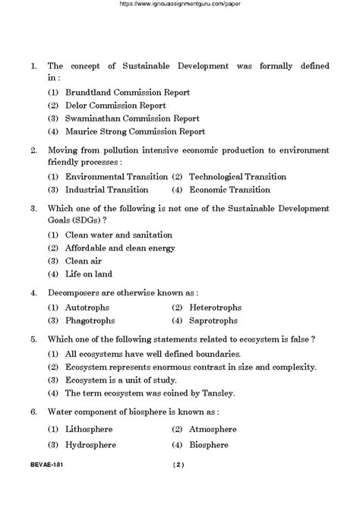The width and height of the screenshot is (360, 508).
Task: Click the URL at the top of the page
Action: [180, 5]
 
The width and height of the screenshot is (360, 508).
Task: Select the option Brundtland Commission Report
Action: [127, 92]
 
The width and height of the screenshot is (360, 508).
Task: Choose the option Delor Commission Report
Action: [115, 105]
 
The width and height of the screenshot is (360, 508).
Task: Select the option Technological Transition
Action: [237, 176]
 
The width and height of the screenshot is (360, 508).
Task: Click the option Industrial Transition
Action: [106, 189]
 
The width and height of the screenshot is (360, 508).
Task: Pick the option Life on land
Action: [88, 273]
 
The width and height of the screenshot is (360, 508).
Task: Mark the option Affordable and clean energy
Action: [119, 248]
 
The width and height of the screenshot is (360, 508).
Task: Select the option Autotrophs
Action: [87, 308]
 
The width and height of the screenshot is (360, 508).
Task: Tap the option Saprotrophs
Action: [216, 320]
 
